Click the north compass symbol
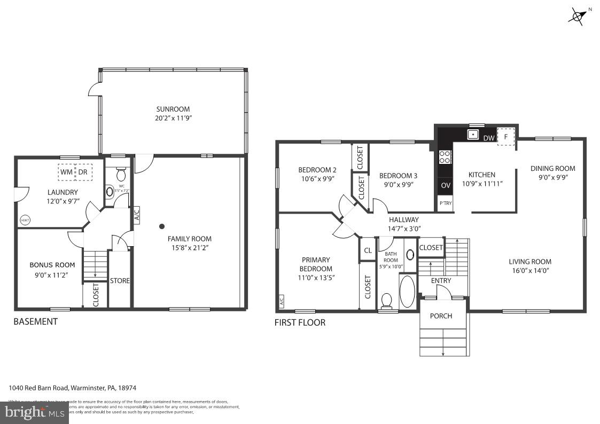[x=578, y=15]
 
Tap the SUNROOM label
[x=173, y=109]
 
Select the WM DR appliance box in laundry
[x=75, y=172]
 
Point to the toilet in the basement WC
[x=121, y=175]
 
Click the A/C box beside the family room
[x=136, y=215]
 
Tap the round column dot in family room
[x=162, y=226]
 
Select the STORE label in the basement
[x=120, y=280]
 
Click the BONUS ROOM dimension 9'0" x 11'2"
[x=52, y=274]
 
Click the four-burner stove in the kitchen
[x=445, y=156]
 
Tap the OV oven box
[x=445, y=186]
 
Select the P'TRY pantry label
[x=445, y=203]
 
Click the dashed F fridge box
[x=506, y=137]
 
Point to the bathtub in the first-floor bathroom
[x=407, y=291]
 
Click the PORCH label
[x=441, y=316]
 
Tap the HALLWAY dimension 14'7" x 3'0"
[x=404, y=229]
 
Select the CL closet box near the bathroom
[x=368, y=250]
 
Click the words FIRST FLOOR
[x=299, y=323]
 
